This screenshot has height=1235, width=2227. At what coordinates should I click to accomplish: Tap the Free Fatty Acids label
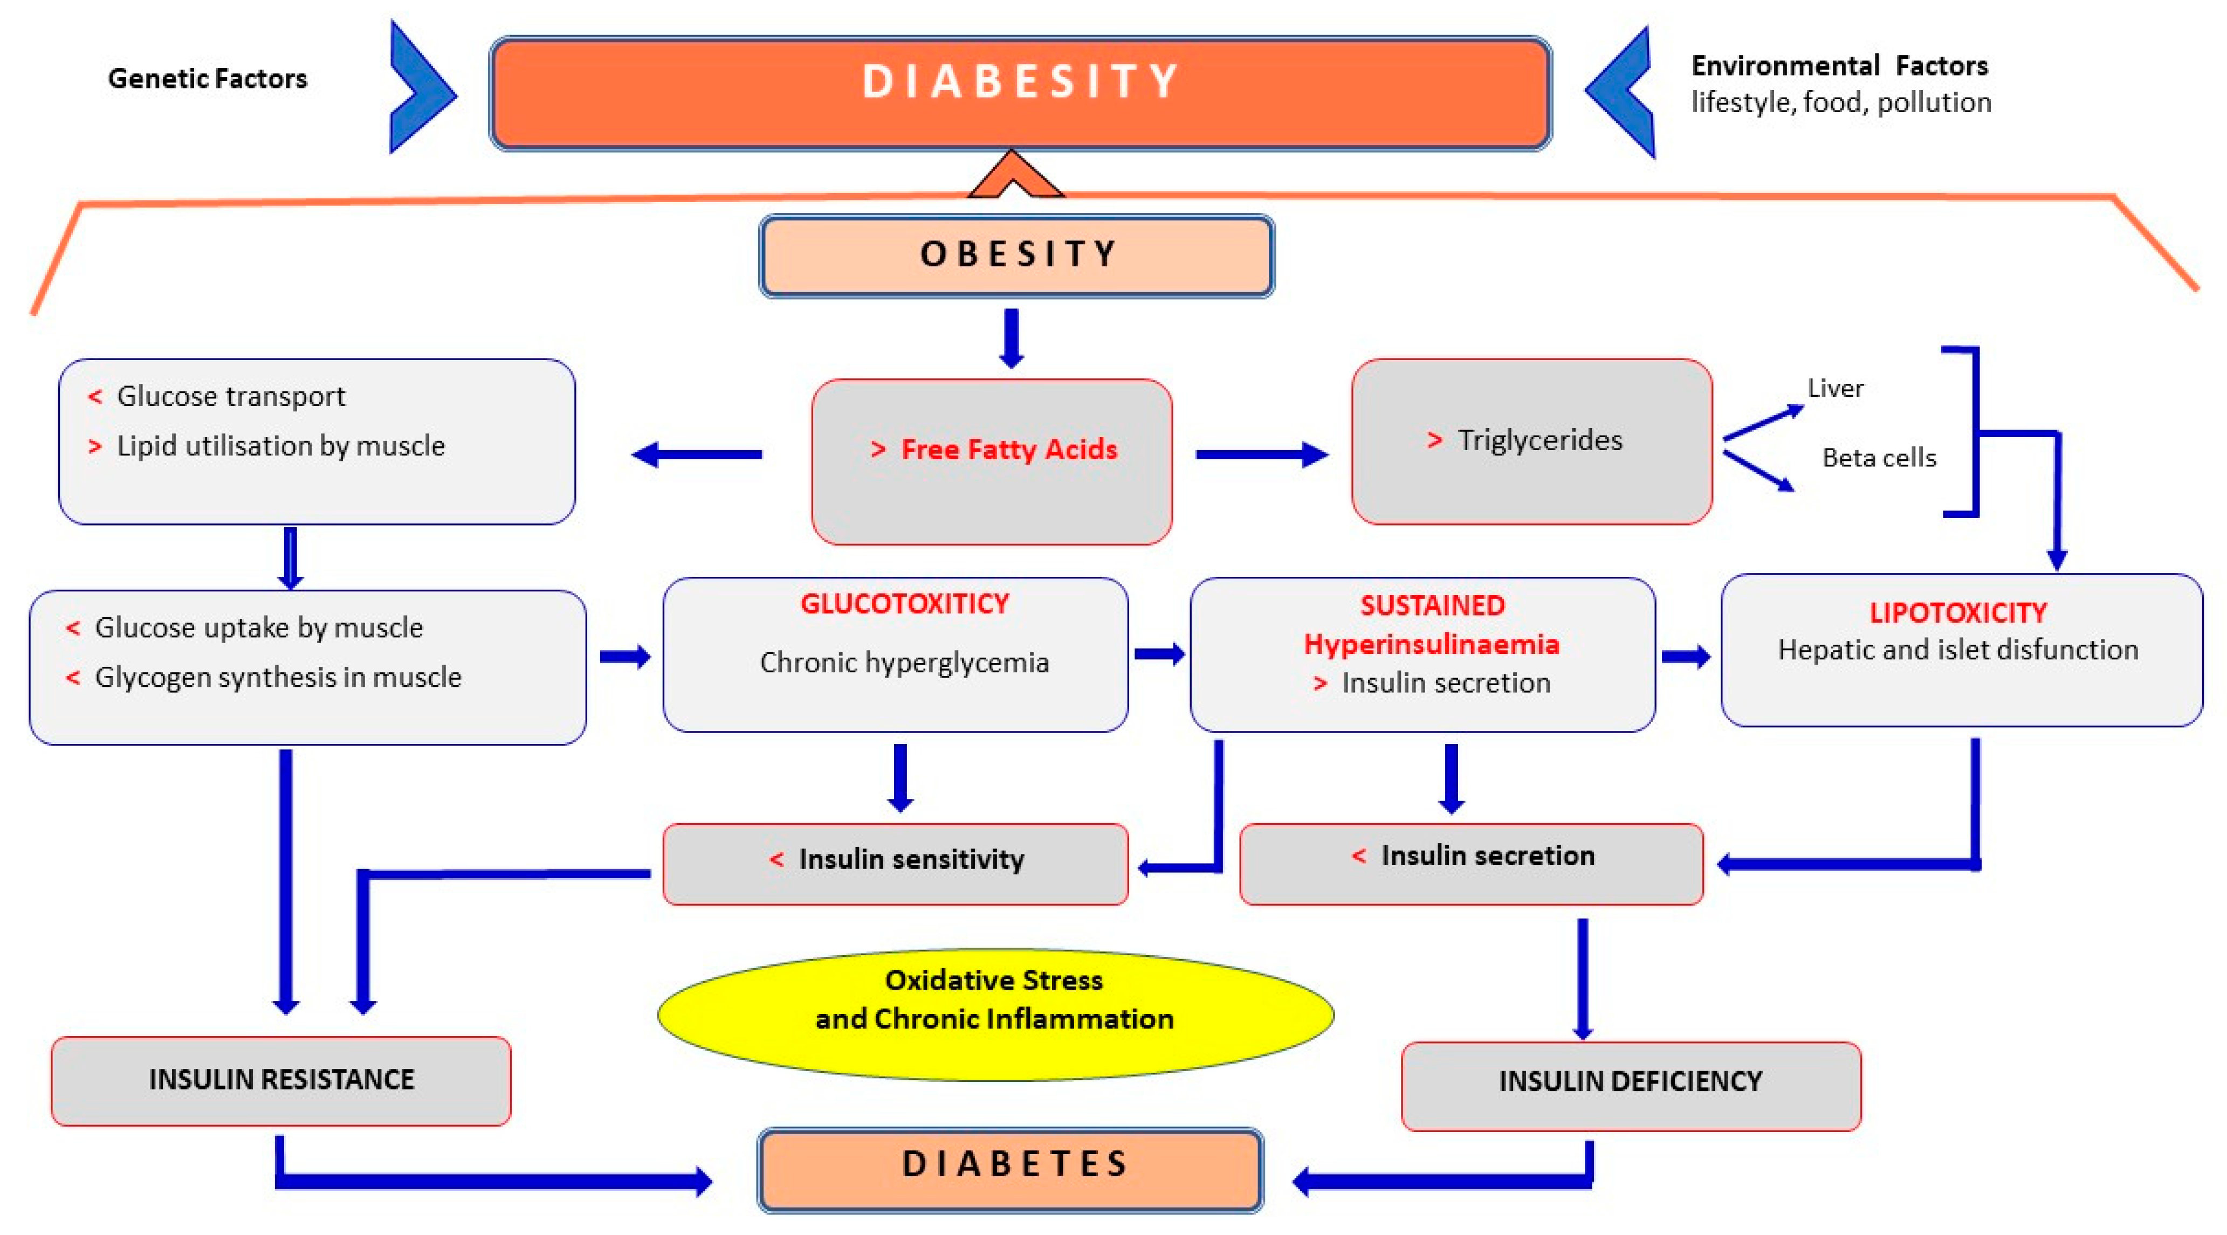(1008, 450)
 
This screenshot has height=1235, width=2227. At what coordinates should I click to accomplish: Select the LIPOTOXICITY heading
(1957, 613)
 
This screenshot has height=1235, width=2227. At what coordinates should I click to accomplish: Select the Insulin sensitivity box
(896, 860)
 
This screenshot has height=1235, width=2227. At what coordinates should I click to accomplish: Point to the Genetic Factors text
(208, 79)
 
